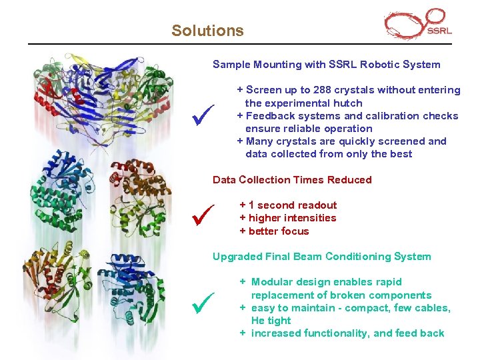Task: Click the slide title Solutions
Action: (207, 31)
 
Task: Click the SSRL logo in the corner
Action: (418, 25)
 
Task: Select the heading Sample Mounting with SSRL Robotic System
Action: (326, 65)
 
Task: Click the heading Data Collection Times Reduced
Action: (292, 180)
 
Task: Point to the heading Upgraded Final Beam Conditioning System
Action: (321, 257)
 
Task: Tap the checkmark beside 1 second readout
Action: (201, 215)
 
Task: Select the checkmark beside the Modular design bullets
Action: (201, 305)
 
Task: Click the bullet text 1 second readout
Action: (288, 205)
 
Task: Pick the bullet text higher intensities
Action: (288, 218)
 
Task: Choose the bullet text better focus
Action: (274, 231)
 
